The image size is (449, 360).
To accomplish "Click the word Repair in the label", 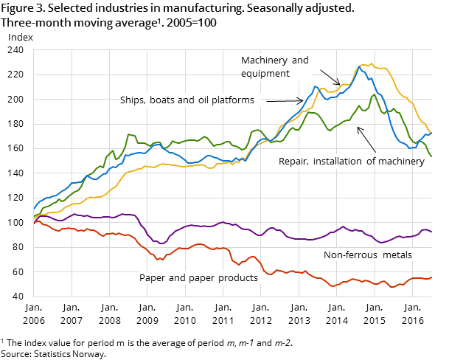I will tap(293, 161).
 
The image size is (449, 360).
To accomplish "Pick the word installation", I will tap(339, 161).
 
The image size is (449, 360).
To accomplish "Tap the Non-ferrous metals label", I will tap(367, 255).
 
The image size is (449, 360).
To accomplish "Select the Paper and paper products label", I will tap(198, 278).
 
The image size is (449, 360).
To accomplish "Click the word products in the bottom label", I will tap(237, 278).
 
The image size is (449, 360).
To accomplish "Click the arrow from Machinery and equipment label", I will tap(330, 77).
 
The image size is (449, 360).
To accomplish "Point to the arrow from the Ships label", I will tap(284, 100).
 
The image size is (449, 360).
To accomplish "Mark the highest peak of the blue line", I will tap(360, 67).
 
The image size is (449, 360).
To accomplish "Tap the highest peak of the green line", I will tap(375, 94).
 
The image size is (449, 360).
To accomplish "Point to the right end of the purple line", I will tap(431, 232).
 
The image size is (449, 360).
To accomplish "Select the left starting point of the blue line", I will tap(34, 209).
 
